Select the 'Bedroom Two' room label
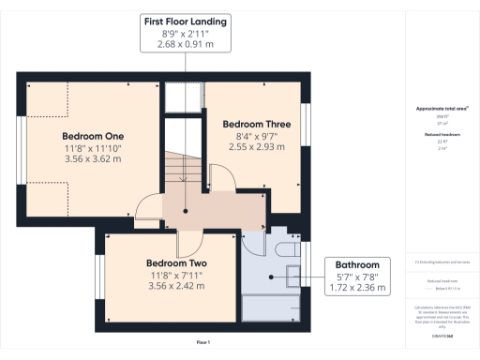coord(175,263)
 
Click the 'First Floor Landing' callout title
coord(185,22)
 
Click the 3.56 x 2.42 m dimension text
coord(175,287)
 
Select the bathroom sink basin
coord(292,275)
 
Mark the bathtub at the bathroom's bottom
coord(271,308)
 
